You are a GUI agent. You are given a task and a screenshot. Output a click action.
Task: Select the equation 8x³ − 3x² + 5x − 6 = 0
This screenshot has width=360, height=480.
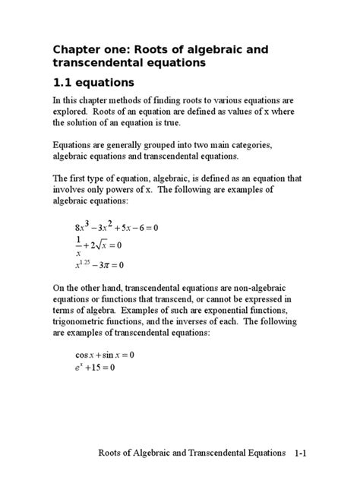pyautogui.click(x=115, y=228)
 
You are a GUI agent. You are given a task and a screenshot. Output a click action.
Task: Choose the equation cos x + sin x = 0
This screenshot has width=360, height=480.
pyautogui.click(x=104, y=355)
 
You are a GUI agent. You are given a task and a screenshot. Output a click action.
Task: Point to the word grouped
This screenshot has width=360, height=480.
pyautogui.click(x=166, y=144)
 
